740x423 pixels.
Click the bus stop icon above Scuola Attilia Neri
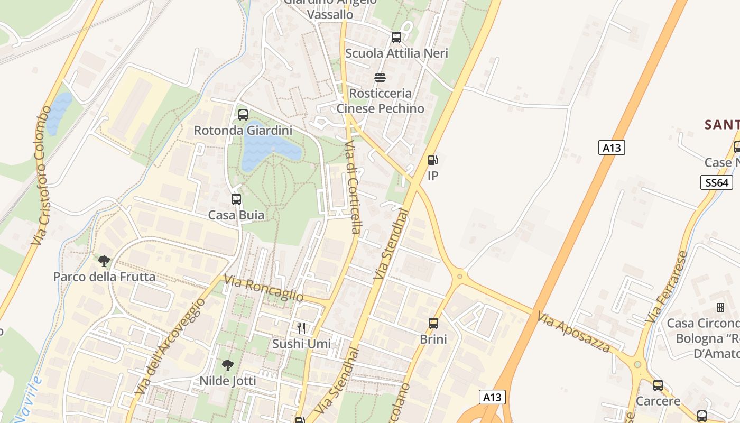(x=396, y=38)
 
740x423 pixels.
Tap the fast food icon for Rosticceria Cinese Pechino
(x=380, y=78)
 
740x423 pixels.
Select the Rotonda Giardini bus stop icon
(x=243, y=114)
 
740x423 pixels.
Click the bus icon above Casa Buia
(x=236, y=199)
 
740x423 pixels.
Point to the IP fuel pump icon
(x=432, y=160)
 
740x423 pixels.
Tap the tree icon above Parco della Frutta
(x=104, y=261)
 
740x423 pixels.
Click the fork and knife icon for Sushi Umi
(x=301, y=328)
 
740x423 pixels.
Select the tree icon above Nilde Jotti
(x=228, y=365)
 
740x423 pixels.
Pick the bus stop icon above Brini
(x=433, y=323)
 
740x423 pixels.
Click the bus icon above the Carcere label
(x=658, y=385)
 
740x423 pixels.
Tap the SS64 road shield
(x=716, y=183)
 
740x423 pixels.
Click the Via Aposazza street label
(x=574, y=332)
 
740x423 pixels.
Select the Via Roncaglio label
(x=264, y=288)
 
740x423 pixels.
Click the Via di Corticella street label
(x=353, y=187)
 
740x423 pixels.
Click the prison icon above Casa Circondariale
(x=720, y=307)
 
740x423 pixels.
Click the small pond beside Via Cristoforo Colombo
(x=58, y=113)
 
